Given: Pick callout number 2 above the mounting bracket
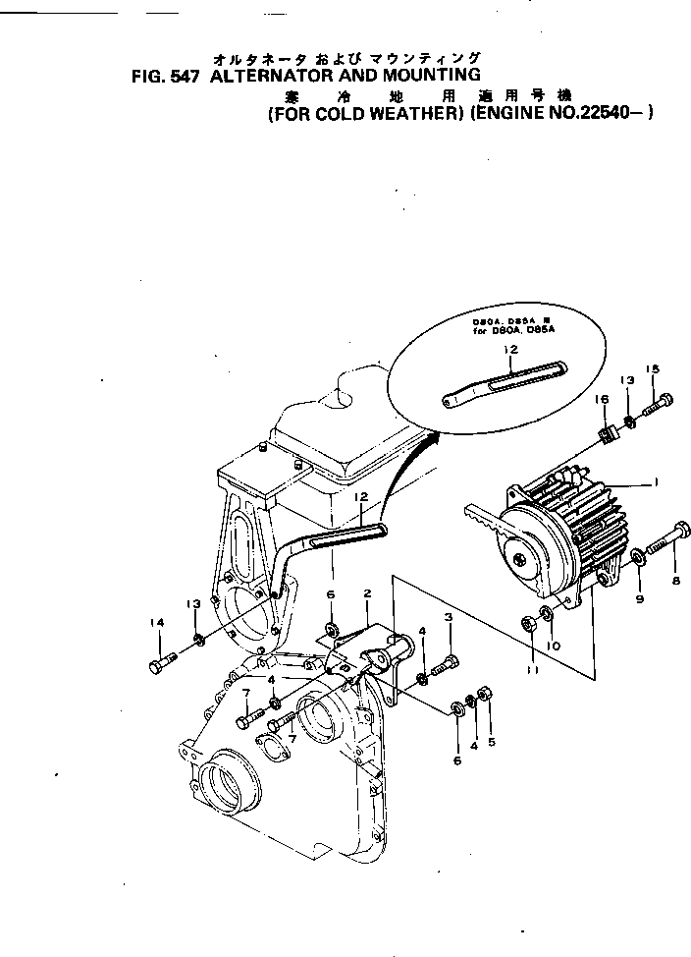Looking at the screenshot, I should (x=366, y=593).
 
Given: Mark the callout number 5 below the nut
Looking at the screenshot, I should (x=491, y=742).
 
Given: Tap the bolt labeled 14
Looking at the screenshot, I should (x=163, y=665).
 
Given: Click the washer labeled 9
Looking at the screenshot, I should (x=638, y=557).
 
